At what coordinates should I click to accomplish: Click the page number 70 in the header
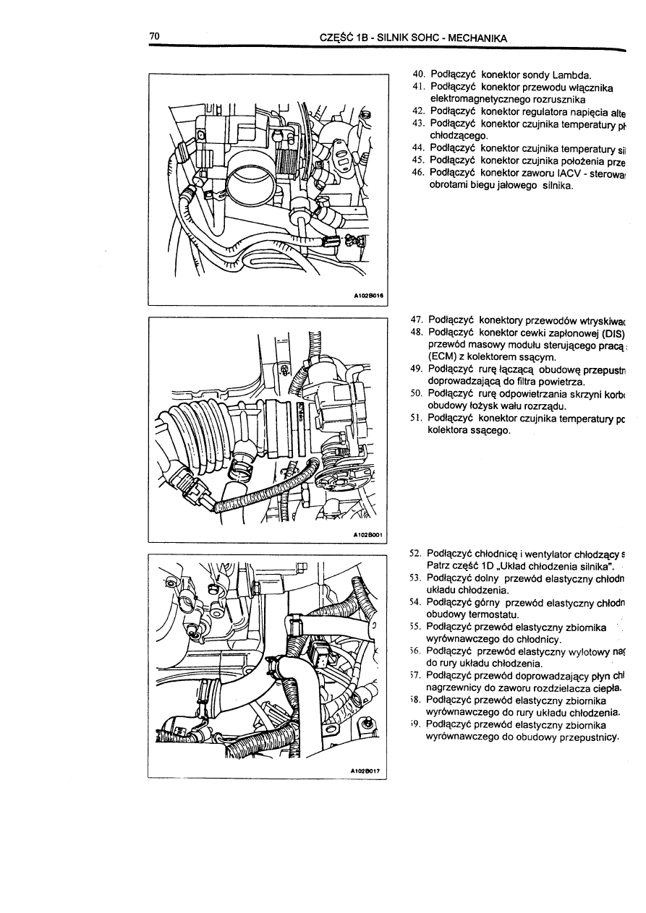tap(154, 36)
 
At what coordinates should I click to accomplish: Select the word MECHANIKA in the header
tap(479, 38)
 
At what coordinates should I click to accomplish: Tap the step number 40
tap(417, 74)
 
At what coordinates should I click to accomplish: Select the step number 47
tap(417, 320)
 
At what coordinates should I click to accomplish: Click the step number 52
tap(415, 552)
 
